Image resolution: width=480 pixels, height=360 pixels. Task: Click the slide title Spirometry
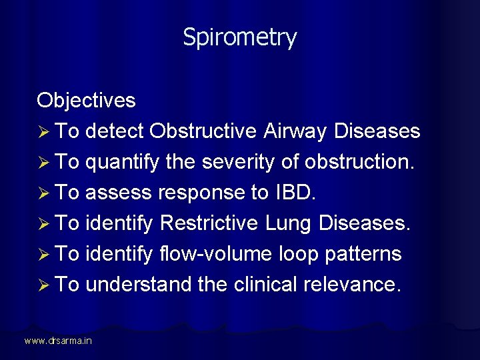tap(240, 37)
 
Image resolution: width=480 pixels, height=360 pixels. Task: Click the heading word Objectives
tap(86, 101)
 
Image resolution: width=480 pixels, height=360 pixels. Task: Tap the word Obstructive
tap(203, 131)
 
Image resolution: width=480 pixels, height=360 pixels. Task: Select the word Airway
tap(295, 131)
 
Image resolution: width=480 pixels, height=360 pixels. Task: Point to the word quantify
tap(123, 162)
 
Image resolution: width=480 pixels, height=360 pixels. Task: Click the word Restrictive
tap(209, 223)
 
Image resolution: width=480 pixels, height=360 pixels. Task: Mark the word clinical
tap(265, 285)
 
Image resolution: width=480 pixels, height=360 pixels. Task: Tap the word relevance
tap(353, 285)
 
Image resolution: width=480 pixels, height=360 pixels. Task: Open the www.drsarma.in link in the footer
tap(58, 341)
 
